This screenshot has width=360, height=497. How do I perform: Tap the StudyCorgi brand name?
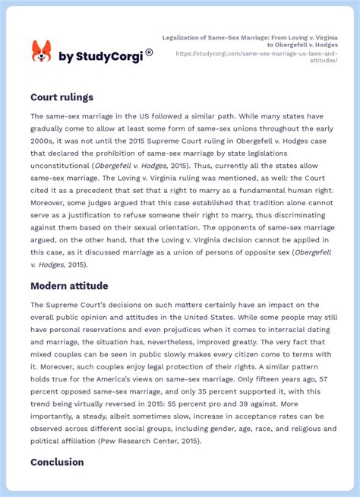pos(102,55)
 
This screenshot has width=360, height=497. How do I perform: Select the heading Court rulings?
pos(62,97)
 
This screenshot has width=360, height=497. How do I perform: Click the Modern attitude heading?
pos(69,286)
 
